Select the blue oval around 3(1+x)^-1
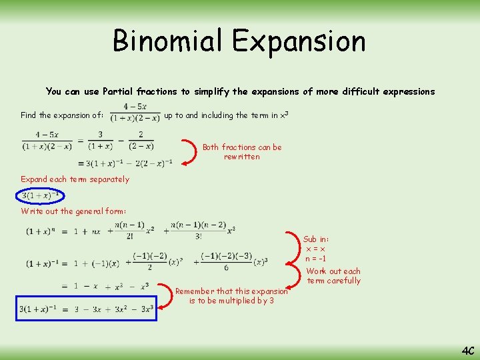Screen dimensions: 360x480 click(42, 195)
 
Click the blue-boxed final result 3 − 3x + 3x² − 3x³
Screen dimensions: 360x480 click(87, 308)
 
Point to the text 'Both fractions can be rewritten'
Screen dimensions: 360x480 click(242, 152)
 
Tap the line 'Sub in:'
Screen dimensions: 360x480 click(316, 239)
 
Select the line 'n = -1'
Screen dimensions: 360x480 click(316, 259)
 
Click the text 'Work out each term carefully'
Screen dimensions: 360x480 click(333, 276)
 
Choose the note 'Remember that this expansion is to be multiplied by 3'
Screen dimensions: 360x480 click(231, 296)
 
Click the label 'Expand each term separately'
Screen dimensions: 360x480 click(75, 179)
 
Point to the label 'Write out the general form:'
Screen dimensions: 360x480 click(73, 211)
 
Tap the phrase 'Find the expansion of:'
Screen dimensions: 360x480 click(62, 115)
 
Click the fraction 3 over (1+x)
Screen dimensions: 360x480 click(100, 141)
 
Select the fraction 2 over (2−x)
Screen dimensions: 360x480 click(141, 141)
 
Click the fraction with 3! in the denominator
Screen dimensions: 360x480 click(198, 230)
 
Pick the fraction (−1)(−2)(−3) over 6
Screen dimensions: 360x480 click(226, 261)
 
